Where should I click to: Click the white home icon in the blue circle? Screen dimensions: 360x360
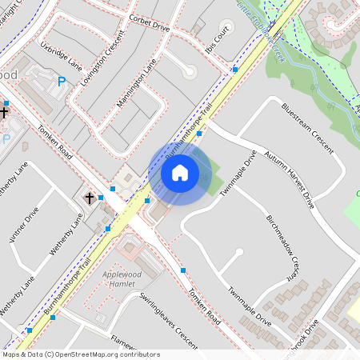tap(180, 172)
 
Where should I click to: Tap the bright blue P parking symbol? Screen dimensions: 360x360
tap(61, 80)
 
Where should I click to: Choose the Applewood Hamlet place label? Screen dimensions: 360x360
tap(126, 278)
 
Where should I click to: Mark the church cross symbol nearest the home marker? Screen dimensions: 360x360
tap(90, 197)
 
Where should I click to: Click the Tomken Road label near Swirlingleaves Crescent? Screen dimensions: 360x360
tap(200, 305)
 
